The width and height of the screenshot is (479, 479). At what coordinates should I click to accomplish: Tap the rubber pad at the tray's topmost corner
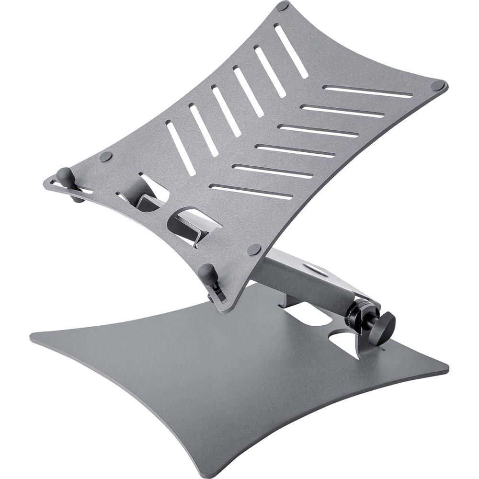pyautogui.click(x=283, y=6)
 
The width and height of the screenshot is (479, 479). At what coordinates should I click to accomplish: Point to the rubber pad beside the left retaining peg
pyautogui.click(x=105, y=157)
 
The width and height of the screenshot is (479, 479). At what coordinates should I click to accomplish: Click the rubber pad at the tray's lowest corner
pyautogui.click(x=254, y=249)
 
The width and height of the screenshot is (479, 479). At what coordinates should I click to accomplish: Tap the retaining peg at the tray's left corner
pyautogui.click(x=64, y=173)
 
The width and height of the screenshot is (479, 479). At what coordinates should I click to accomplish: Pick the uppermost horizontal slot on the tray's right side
pyautogui.click(x=367, y=91)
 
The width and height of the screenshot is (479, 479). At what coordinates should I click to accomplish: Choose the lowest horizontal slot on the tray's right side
pyautogui.click(x=251, y=191)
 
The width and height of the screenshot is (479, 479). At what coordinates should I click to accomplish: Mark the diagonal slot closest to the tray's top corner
pyautogui.click(x=291, y=50)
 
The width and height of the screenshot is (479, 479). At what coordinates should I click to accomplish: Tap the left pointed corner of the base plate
pyautogui.click(x=34, y=337)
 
